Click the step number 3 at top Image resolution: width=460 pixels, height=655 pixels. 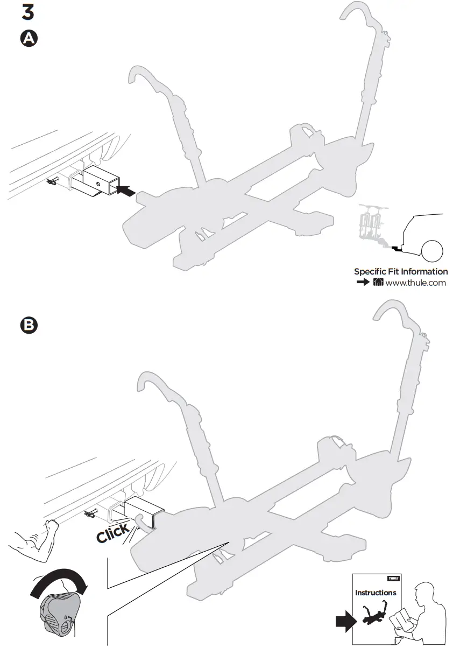pyautogui.click(x=27, y=12)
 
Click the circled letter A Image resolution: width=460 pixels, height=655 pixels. pyautogui.click(x=28, y=39)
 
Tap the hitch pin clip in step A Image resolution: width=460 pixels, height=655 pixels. pyautogui.click(x=54, y=182)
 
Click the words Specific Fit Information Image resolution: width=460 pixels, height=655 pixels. pyautogui.click(x=400, y=272)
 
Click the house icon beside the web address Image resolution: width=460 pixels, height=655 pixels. pyautogui.click(x=378, y=283)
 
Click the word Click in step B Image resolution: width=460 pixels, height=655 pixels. pyautogui.click(x=112, y=532)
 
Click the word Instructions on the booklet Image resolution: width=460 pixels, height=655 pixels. pyautogui.click(x=375, y=593)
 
